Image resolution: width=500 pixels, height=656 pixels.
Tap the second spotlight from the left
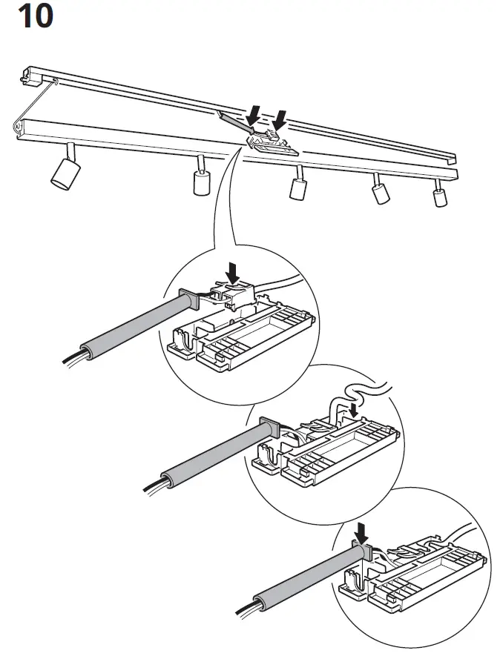200,181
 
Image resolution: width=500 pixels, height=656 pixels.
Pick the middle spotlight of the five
298,187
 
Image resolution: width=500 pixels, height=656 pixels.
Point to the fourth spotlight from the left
381,192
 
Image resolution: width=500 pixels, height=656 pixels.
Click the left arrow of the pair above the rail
253,115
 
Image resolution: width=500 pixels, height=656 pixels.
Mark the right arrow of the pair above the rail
280,119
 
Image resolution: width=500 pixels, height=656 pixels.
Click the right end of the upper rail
450,158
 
